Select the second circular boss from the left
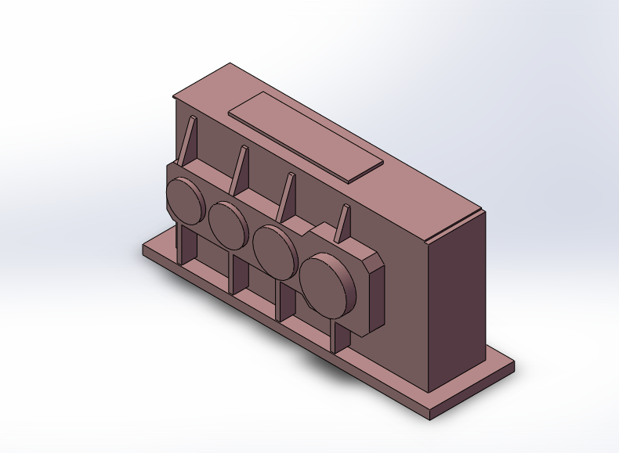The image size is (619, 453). pos(228,225)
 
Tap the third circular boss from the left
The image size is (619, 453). pos(273,250)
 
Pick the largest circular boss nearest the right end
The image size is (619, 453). pos(328,285)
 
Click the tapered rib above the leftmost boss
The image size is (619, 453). pos(189,141)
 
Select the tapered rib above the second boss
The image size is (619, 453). pos(239,169)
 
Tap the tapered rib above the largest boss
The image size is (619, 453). pos(341,224)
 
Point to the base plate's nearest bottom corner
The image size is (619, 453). pos(429,416)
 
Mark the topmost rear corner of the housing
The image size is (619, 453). pos(230,64)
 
